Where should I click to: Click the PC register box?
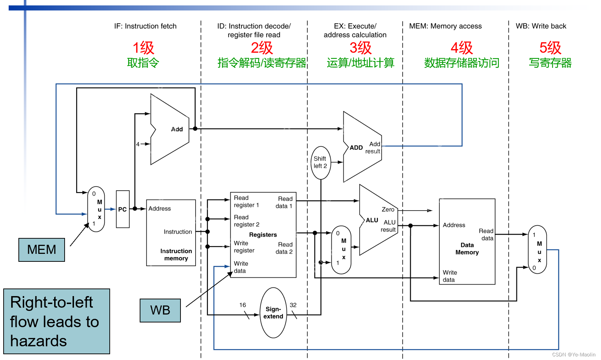[x=123, y=209]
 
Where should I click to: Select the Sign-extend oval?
[x=273, y=313]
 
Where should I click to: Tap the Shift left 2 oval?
[x=321, y=162]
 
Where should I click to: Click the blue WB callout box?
[x=160, y=310]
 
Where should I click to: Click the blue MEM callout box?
[x=42, y=250]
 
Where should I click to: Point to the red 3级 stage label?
[x=360, y=48]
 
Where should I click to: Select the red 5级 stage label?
[x=550, y=48]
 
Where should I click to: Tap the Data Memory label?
[x=467, y=248]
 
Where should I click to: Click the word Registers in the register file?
[x=263, y=235]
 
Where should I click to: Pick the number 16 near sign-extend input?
[x=243, y=305]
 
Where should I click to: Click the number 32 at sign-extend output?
[x=293, y=305]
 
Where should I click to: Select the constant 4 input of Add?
[x=138, y=144]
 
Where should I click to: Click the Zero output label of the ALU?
[x=388, y=209]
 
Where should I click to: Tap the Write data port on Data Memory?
[x=450, y=276]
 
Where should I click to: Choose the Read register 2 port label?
[x=247, y=221]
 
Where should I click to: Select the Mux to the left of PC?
[x=96, y=209]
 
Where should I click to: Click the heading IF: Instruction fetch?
[x=145, y=26]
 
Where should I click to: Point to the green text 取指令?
[x=143, y=63]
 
